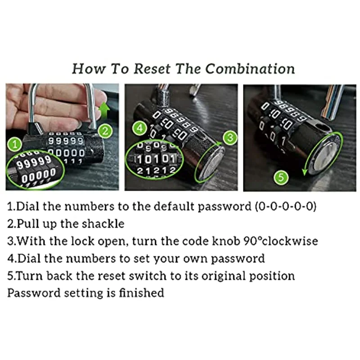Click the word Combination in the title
250,69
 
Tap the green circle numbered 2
105,131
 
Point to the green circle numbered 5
281,177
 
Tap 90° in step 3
253,241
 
